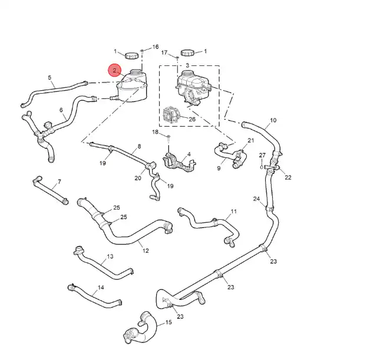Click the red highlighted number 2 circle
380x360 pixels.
click(115, 70)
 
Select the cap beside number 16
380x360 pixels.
click(131, 55)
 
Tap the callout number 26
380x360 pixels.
click(191, 118)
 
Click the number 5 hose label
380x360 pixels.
click(49, 78)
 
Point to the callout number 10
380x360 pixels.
click(273, 121)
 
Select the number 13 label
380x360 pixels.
click(110, 257)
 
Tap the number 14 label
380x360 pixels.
click(101, 288)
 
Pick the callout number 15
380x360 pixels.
click(168, 322)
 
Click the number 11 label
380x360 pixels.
click(233, 212)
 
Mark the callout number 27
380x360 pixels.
click(262, 155)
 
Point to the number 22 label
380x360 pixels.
click(288, 177)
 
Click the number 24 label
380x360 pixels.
click(256, 199)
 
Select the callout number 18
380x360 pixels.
click(156, 132)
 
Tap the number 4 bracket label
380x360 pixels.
click(189, 154)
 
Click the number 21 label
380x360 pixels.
click(250, 141)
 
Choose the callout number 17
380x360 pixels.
click(164, 52)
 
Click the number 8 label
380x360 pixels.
click(139, 146)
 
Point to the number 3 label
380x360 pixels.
click(187, 65)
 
